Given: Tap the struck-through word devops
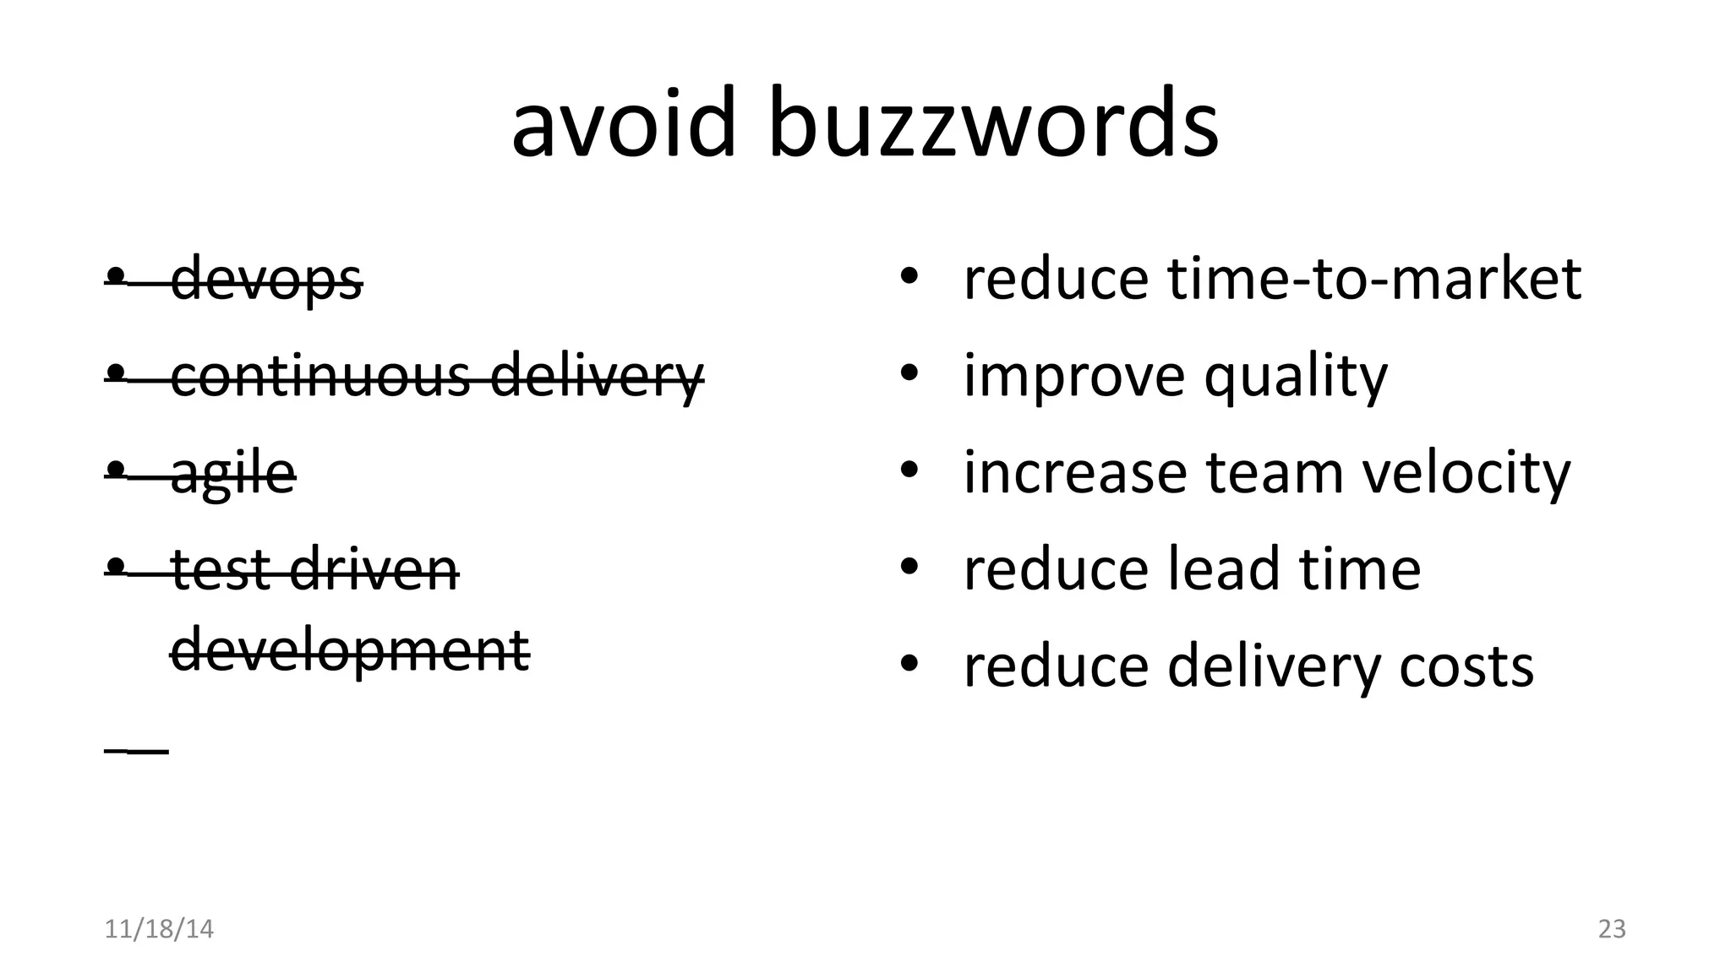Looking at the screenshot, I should click(266, 280).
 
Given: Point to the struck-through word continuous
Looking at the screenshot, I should click(320, 376).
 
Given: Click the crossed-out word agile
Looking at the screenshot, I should click(233, 473).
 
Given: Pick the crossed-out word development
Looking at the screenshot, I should click(350, 650).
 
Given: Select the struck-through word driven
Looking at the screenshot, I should click(374, 569).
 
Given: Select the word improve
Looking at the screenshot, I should click(1074, 377).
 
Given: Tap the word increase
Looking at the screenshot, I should click(1074, 473).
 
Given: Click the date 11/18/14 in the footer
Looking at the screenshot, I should click(159, 929).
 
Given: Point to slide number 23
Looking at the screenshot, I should click(1612, 929).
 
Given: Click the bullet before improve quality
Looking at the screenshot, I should click(909, 373).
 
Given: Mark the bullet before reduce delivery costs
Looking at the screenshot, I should click(909, 664).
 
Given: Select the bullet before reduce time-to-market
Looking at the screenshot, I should click(909, 276).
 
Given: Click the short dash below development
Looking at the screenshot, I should click(137, 750).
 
